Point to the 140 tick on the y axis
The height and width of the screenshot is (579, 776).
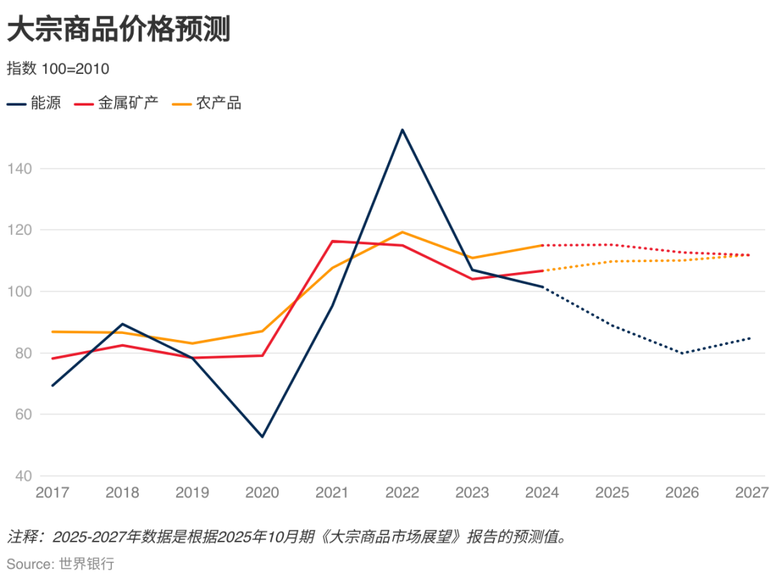coord(20,169)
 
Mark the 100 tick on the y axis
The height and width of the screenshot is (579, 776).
coord(20,292)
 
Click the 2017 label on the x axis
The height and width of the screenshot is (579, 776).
coord(52,493)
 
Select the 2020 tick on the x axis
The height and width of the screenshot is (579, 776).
coord(262,493)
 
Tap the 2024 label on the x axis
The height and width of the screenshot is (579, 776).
coord(542,493)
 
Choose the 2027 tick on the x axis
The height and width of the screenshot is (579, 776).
coord(752,493)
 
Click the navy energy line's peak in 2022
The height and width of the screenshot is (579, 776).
coord(402,130)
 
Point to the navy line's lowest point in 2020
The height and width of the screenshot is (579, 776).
coord(262,437)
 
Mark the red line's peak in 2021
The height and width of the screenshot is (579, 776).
coord(332,241)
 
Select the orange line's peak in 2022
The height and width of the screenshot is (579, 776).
coord(402,232)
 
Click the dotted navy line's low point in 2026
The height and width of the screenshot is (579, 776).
coord(682,353)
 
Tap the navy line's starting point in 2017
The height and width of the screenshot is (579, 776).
coord(52,386)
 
